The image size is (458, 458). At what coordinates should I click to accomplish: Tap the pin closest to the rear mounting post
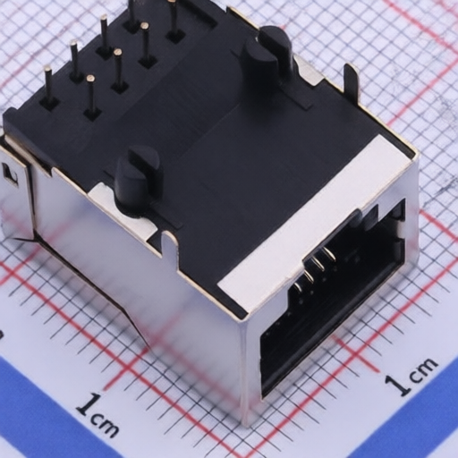point(173,18)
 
